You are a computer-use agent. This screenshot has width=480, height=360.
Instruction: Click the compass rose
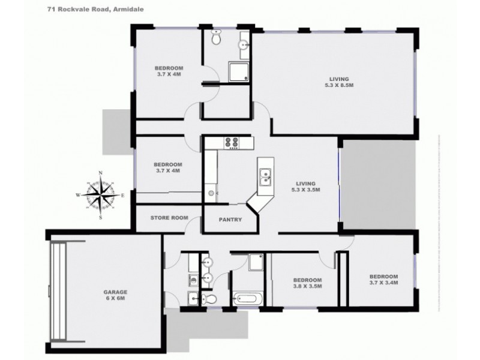pos(101,195)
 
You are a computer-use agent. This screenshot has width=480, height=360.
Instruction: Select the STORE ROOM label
pos(170,218)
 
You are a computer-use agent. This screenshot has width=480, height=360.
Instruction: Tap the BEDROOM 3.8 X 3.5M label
pos(307,283)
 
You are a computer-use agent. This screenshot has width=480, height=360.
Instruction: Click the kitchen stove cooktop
pos(232,143)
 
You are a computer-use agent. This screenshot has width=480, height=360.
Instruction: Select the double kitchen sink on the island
pos(265,176)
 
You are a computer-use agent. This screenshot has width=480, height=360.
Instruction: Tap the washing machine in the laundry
pos(192,280)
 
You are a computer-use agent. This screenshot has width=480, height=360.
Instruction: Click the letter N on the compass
pos(101,173)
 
